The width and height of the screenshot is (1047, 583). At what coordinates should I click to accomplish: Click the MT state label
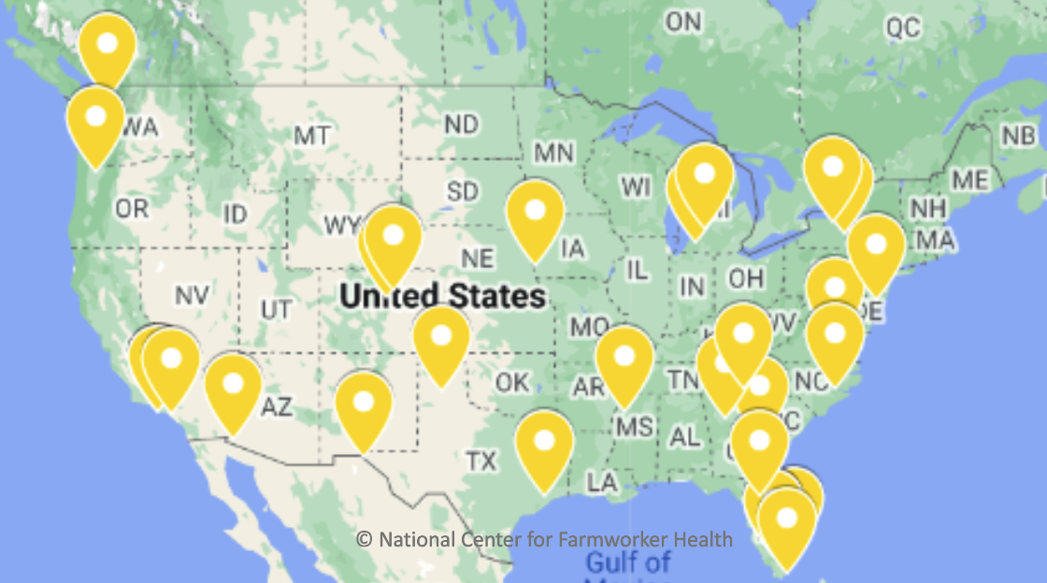pyautogui.click(x=311, y=136)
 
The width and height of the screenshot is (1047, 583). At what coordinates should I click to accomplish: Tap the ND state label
pyautogui.click(x=461, y=124)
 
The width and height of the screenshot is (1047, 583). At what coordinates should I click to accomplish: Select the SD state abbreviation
pyautogui.click(x=462, y=192)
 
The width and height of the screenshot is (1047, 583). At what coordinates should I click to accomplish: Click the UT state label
pyautogui.click(x=276, y=308)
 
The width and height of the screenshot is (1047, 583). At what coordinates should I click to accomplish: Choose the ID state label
pyautogui.click(x=235, y=215)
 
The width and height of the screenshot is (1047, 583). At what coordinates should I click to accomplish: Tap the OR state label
pyautogui.click(x=132, y=208)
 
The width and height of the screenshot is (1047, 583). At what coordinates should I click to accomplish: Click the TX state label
pyautogui.click(x=481, y=460)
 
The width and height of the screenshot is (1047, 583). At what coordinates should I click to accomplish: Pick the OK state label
pyautogui.click(x=511, y=383)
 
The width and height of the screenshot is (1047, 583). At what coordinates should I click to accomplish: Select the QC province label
pyautogui.click(x=903, y=29)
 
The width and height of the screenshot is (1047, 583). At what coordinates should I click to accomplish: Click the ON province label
pyautogui.click(x=683, y=21)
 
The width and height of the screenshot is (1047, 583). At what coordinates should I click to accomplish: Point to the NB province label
pyautogui.click(x=1018, y=136)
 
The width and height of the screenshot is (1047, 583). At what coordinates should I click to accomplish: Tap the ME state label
pyautogui.click(x=968, y=179)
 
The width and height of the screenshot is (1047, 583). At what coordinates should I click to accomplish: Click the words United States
pyautogui.click(x=442, y=296)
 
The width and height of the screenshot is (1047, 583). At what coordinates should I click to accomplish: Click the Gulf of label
pyautogui.click(x=628, y=562)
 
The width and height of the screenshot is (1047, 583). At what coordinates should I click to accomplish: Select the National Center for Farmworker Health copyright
pyautogui.click(x=544, y=539)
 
